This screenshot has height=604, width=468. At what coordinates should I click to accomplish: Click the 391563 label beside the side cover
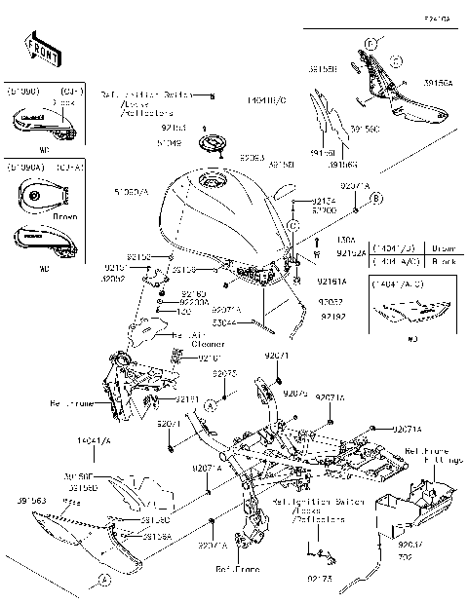30,499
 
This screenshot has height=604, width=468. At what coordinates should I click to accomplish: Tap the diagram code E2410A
438,18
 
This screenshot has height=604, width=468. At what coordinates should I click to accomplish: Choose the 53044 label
224,320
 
